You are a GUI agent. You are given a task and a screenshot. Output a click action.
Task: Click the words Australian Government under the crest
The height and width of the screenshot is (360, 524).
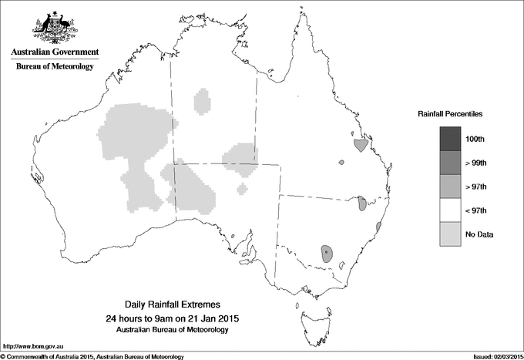tap(54, 52)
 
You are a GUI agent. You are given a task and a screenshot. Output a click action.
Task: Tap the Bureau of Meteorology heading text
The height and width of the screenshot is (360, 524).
tap(55, 67)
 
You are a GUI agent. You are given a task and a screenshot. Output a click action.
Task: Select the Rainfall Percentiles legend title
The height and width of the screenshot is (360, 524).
tap(450, 113)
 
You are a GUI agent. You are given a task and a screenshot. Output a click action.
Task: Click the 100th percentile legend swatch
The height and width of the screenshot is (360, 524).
tap(449, 139)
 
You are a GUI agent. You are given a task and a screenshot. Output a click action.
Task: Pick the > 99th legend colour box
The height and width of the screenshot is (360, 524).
tap(449, 163)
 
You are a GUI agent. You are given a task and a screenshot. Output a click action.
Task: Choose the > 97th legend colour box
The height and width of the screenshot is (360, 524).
tap(449, 187)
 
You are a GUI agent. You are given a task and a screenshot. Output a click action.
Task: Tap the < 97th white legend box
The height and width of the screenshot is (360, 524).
tap(449, 210)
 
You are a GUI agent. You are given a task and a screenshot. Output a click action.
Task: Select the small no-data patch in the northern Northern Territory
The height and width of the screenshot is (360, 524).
tap(203, 101)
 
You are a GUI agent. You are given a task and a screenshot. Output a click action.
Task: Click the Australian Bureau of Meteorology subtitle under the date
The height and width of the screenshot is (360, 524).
tap(177, 329)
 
